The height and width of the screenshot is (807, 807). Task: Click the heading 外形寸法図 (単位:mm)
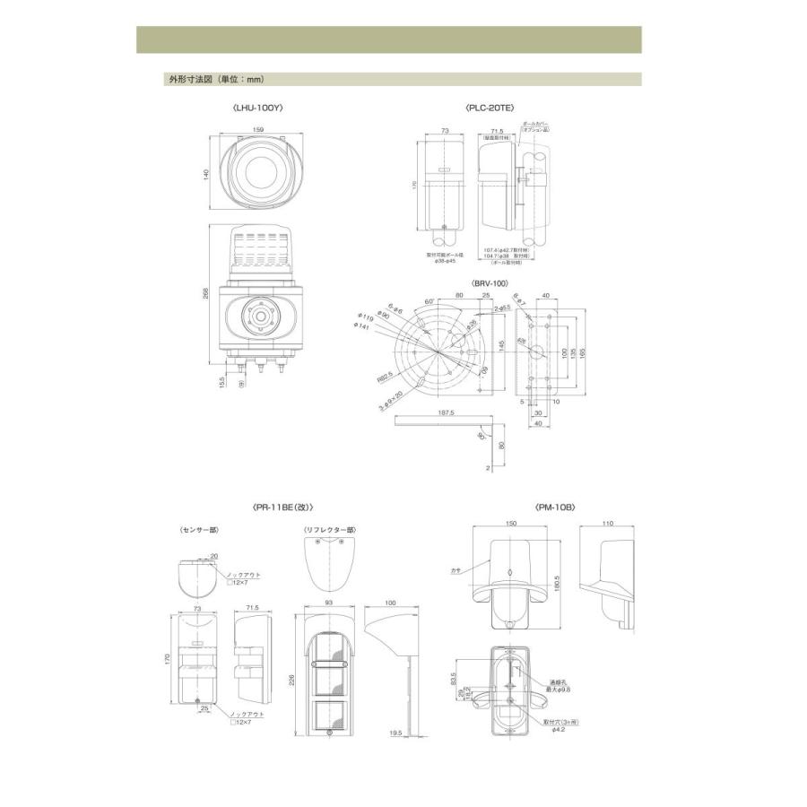point(195,79)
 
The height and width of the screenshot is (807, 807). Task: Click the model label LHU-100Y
point(256,108)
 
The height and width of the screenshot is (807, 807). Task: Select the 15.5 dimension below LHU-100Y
point(222,381)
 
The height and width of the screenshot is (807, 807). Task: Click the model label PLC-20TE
point(490,108)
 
